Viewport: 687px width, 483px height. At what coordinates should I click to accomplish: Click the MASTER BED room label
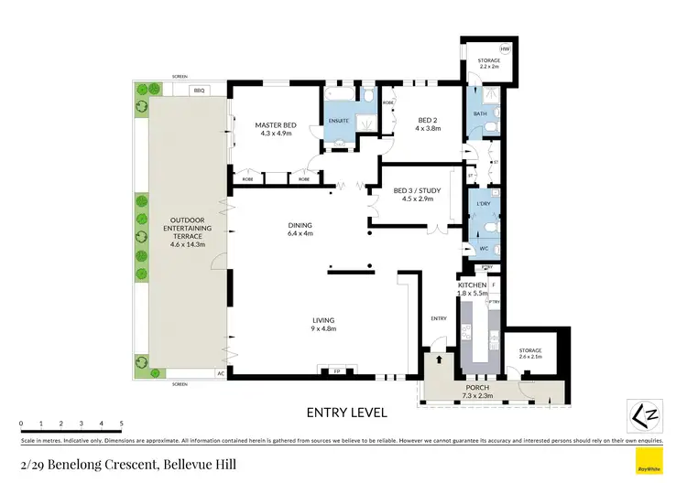coord(274,125)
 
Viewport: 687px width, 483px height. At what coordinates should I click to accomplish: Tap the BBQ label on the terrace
coord(200,90)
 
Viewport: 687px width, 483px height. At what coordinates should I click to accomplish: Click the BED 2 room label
coord(428,120)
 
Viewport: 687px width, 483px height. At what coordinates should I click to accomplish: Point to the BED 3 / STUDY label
coord(418,191)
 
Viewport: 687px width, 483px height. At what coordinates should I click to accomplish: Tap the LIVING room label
coord(320,319)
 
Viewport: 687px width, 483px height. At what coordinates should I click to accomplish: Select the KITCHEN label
coord(472,286)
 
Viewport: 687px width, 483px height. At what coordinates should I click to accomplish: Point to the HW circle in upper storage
coord(505,48)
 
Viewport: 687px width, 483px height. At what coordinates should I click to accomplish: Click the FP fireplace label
coord(336,370)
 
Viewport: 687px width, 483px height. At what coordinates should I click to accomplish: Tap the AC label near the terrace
coord(220,373)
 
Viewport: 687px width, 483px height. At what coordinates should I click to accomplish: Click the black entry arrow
coord(440,361)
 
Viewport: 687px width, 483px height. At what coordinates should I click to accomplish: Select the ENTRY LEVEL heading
coord(347,412)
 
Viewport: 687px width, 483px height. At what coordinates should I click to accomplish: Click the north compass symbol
coord(645,416)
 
